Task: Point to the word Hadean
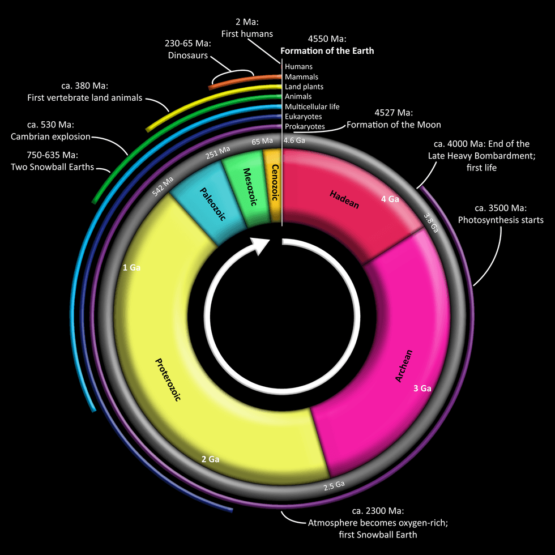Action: (x=344, y=199)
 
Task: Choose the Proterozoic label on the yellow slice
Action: (x=168, y=379)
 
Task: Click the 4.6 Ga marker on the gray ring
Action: (x=293, y=140)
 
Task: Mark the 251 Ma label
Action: (x=217, y=152)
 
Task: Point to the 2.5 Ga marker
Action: (x=334, y=485)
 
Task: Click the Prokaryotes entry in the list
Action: (x=305, y=126)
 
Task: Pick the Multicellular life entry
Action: (x=312, y=106)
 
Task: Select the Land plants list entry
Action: (x=304, y=87)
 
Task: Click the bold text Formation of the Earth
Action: (x=327, y=51)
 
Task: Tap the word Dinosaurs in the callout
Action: (x=188, y=55)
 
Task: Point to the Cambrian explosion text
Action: (x=50, y=136)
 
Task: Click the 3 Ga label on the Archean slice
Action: (x=422, y=388)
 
